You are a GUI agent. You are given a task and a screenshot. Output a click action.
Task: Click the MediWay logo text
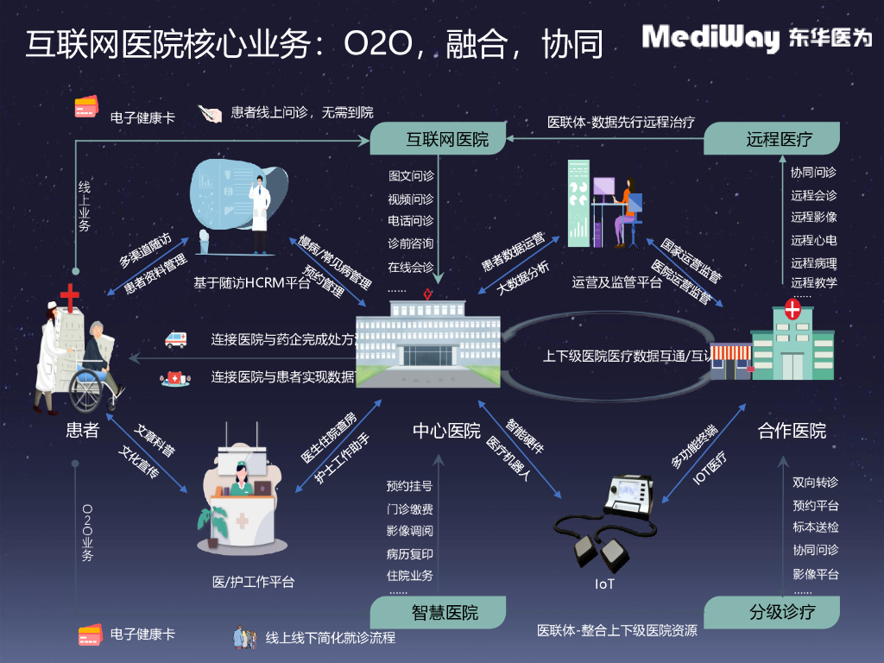pos(710,38)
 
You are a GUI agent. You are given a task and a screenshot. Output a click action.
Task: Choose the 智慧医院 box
pos(442,613)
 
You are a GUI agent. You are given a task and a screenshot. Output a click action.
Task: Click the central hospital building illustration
pos(427,339)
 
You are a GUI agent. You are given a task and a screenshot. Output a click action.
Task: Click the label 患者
pos(83,429)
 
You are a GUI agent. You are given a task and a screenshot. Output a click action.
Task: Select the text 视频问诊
pos(410,199)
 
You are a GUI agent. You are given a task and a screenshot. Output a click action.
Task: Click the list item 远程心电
pos(813,240)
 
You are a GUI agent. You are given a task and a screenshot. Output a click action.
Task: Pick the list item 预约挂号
pos(409,486)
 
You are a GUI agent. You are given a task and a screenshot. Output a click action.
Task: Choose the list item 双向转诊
pos(815,482)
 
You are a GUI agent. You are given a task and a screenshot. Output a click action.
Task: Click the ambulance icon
pos(175,339)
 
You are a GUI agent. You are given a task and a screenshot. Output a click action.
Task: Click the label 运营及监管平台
pos(616,281)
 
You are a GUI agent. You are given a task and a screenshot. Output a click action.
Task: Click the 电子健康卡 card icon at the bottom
pos(90,635)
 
